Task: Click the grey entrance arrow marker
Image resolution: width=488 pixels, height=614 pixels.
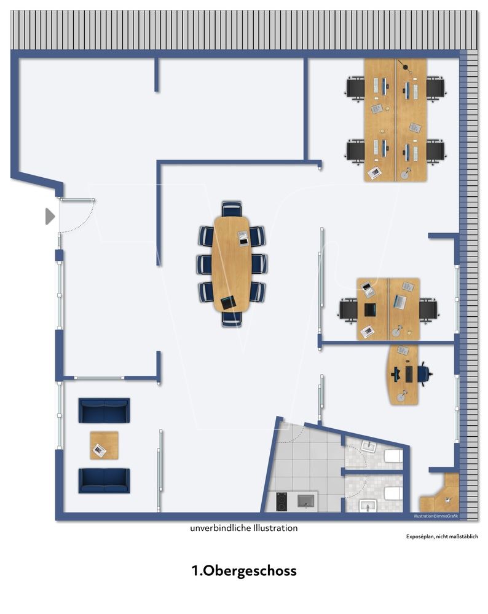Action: (50, 217)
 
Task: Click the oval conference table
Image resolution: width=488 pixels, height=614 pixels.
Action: (232, 264)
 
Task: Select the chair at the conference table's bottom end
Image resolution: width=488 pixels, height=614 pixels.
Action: (232, 319)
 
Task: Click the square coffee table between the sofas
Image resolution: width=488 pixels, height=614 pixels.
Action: (104, 445)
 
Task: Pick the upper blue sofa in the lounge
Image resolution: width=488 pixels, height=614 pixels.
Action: (104, 410)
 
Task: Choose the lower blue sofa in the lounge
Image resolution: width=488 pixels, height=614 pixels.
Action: (104, 480)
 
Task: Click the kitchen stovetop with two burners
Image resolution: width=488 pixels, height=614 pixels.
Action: (281, 501)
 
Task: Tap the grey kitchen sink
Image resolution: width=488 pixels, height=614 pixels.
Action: (306, 501)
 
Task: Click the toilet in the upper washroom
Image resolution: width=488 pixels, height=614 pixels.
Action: (393, 456)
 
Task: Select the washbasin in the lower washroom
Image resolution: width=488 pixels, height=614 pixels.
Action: (368, 506)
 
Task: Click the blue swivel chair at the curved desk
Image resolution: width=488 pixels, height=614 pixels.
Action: (424, 374)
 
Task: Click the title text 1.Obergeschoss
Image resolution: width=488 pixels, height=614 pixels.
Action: (244, 570)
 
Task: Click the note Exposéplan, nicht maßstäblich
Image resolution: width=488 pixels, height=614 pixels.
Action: (442, 536)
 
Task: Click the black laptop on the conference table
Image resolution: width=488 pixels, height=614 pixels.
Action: (227, 303)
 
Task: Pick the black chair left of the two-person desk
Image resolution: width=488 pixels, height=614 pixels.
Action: (348, 309)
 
